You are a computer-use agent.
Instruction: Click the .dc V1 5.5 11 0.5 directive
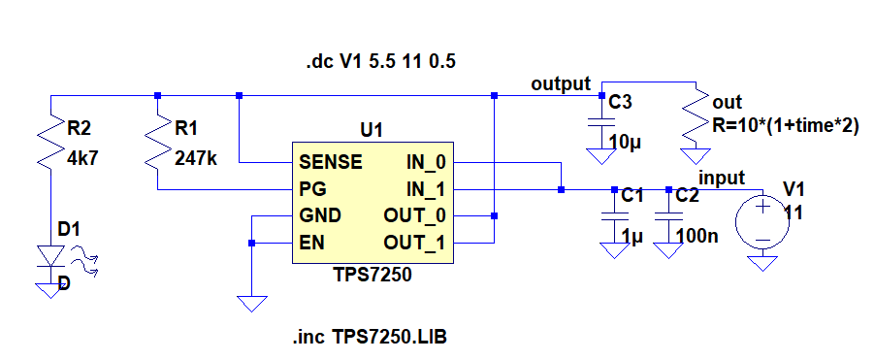(x=380, y=61)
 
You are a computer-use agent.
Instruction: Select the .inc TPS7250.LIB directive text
(x=370, y=337)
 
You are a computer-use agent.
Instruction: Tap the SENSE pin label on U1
(x=331, y=162)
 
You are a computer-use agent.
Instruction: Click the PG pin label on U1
(x=312, y=190)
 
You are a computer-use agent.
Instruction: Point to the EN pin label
(x=312, y=244)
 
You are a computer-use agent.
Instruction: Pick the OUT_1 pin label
(x=414, y=244)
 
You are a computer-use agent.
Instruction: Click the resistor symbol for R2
(x=50, y=140)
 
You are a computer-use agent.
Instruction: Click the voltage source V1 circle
(x=762, y=221)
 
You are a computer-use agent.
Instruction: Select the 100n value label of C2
(x=697, y=237)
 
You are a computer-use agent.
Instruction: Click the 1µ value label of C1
(x=632, y=237)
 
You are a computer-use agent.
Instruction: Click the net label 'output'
(x=561, y=83)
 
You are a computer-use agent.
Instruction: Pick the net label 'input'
(x=722, y=178)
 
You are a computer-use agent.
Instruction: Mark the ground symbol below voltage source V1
(x=762, y=263)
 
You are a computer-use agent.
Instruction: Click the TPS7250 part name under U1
(x=373, y=275)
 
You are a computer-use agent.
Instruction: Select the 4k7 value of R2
(x=82, y=160)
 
